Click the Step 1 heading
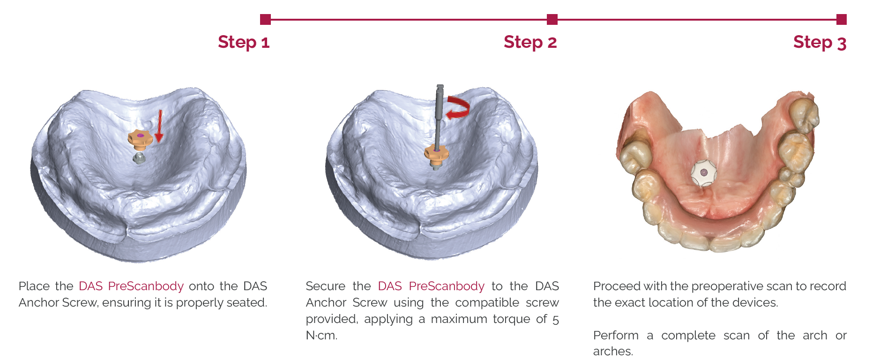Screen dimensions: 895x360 pos(244,42)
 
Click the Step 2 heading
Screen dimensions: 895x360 pos(530,42)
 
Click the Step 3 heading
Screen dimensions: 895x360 pos(820,42)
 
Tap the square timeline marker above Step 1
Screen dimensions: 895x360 pos(265,19)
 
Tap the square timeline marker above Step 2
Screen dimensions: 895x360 pos(552,19)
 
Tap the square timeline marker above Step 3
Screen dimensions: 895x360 pos(842,19)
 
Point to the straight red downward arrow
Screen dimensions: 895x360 pos(159,126)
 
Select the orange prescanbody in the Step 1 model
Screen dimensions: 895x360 pos(140,139)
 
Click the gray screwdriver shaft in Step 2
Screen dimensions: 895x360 pos(439,117)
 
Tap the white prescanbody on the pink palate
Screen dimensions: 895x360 pos(704,173)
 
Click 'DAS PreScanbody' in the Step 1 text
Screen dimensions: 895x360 pos(131,286)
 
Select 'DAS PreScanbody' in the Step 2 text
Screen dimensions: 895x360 pos(431,286)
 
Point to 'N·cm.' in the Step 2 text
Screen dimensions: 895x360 pos(321,336)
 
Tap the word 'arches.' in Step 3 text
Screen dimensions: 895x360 pos(613,352)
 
